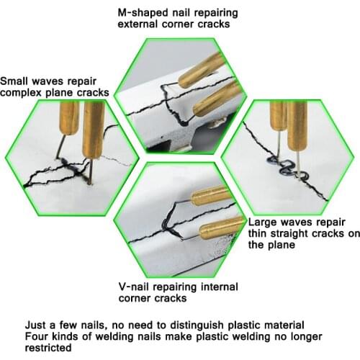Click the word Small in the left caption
click(x=17, y=81)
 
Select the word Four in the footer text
click(x=37, y=335)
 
